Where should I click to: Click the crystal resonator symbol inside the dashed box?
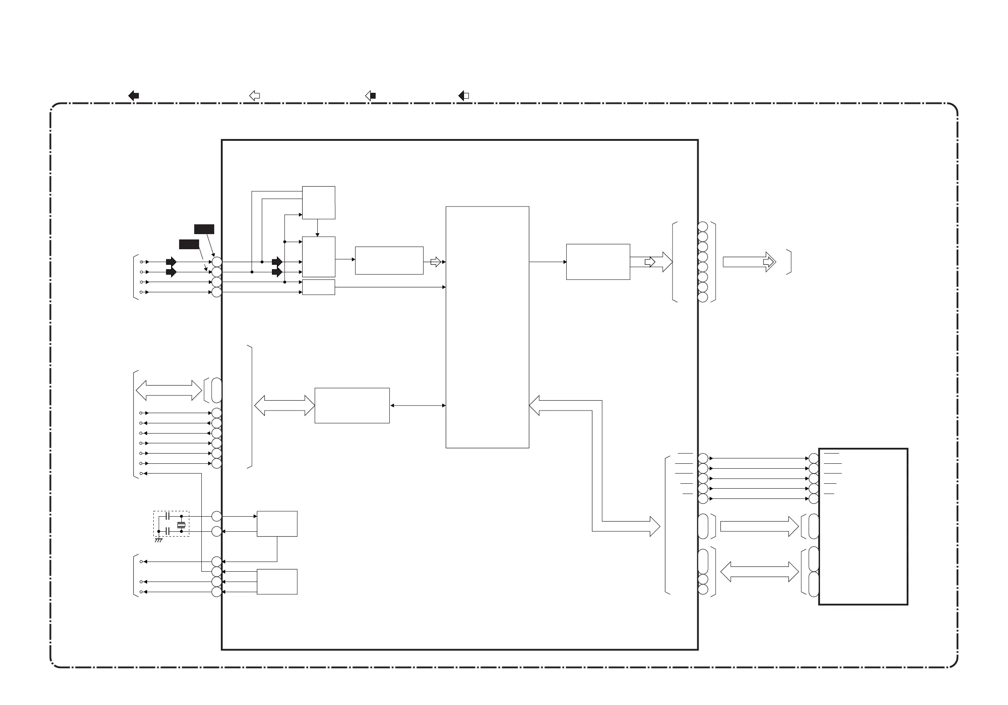point(181,525)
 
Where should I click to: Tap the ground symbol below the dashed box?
point(159,540)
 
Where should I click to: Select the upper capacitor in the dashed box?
point(168,516)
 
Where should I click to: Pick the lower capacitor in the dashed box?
point(168,531)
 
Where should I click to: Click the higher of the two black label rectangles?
point(204,229)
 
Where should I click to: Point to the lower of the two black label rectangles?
point(189,244)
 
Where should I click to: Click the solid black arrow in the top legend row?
point(133,96)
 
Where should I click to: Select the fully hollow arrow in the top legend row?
point(254,96)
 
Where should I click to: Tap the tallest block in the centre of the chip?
point(487,327)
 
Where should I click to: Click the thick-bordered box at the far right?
point(863,526)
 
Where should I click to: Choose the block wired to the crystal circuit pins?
point(277,524)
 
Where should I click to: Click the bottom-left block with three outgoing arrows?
point(277,582)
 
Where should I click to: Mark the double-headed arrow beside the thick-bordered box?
point(759,572)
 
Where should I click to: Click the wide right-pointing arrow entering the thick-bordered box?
point(759,526)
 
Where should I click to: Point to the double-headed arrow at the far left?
point(168,390)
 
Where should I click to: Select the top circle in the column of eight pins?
point(703,227)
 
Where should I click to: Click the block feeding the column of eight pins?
point(598,262)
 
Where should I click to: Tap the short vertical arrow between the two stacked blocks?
point(317,227)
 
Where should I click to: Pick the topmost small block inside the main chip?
point(318,203)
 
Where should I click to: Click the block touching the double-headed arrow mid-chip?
point(352,406)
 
